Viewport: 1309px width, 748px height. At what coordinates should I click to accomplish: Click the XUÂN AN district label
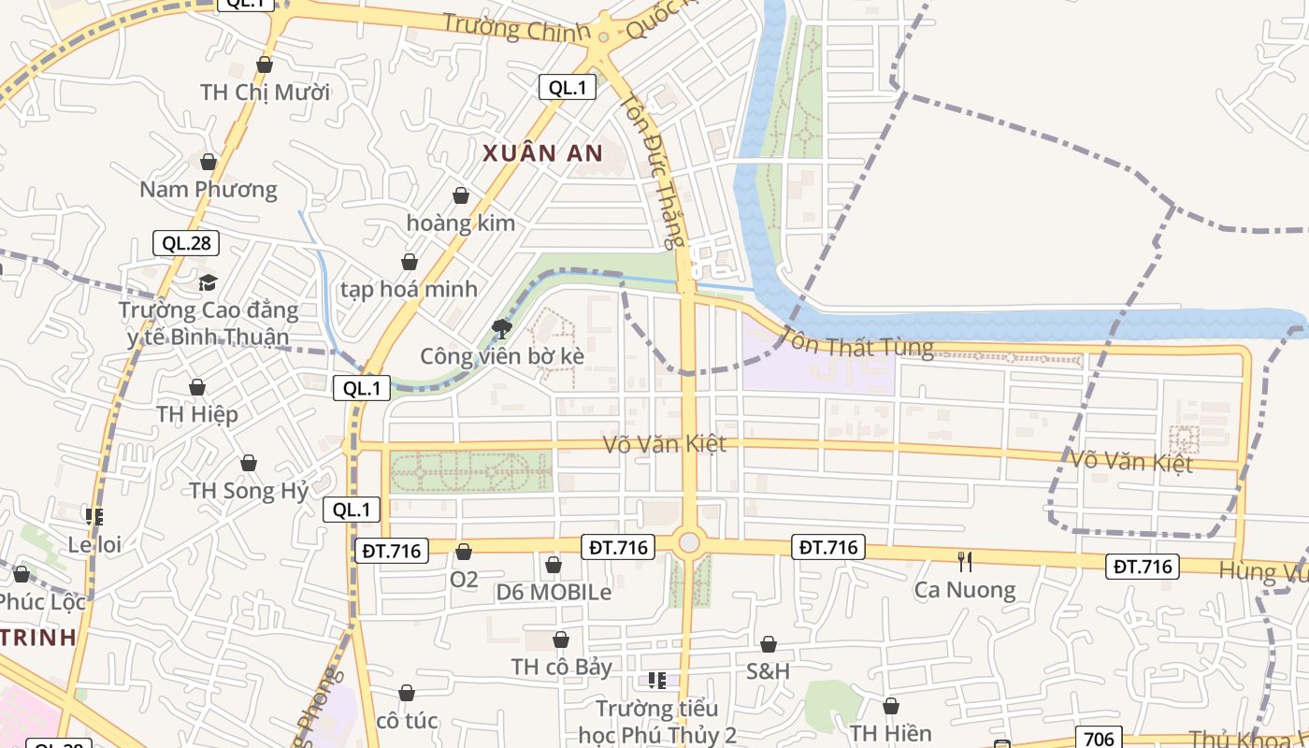pyautogui.click(x=543, y=153)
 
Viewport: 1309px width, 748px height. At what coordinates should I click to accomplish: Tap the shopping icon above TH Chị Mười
pyautogui.click(x=265, y=65)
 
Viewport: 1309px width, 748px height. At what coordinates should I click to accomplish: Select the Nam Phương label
pyautogui.click(x=209, y=190)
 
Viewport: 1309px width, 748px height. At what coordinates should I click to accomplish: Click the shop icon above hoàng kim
pyautogui.click(x=461, y=195)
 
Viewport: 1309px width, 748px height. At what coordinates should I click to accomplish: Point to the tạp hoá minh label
pyautogui.click(x=409, y=289)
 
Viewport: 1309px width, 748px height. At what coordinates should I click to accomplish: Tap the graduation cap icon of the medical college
pyautogui.click(x=208, y=282)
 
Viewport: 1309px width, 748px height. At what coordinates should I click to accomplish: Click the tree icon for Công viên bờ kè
pyautogui.click(x=502, y=328)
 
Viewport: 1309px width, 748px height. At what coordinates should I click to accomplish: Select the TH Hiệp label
pyautogui.click(x=197, y=414)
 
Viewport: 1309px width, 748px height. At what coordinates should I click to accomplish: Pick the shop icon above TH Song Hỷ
pyautogui.click(x=249, y=463)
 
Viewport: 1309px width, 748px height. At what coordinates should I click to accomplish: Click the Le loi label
pyautogui.click(x=95, y=544)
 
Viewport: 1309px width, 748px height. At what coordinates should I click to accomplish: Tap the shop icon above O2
pyautogui.click(x=464, y=552)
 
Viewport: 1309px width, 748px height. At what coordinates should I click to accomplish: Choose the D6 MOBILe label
pyautogui.click(x=554, y=592)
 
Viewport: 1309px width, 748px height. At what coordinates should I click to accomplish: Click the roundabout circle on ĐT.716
pyautogui.click(x=689, y=542)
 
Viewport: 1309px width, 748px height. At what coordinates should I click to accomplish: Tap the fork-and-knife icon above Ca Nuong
pyautogui.click(x=965, y=561)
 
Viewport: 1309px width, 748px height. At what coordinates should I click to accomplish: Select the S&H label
pyautogui.click(x=768, y=671)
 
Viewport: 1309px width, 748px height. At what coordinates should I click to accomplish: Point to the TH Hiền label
pyautogui.click(x=890, y=733)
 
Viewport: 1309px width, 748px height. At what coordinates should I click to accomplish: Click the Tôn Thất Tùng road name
pyautogui.click(x=856, y=342)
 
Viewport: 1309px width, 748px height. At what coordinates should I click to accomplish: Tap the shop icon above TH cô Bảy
pyautogui.click(x=561, y=640)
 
